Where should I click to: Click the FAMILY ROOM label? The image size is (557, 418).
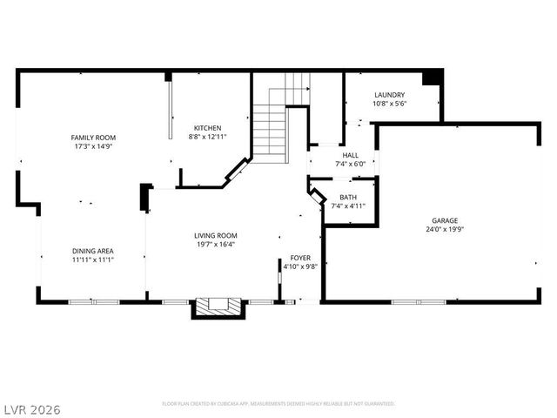click(93, 138)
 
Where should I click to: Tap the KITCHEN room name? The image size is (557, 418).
click(207, 128)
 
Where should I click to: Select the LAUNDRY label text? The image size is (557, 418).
click(389, 95)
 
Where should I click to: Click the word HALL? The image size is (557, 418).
click(350, 155)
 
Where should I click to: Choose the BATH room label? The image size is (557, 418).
click(348, 197)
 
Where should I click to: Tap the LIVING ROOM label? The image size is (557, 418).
click(215, 235)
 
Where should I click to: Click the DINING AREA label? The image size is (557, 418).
click(93, 251)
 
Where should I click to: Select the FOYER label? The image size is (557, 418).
click(301, 259)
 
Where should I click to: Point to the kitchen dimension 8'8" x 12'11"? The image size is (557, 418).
click(207, 137)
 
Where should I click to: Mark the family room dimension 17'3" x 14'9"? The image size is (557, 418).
click(93, 146)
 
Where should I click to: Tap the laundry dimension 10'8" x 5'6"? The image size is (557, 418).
click(389, 104)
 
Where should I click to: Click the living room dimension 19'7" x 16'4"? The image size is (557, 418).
click(215, 244)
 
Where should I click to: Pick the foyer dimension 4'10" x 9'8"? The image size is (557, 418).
click(301, 267)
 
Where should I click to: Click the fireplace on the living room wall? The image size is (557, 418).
click(214, 307)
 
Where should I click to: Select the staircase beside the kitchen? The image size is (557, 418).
click(272, 131)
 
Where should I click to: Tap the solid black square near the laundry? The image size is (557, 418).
click(431, 78)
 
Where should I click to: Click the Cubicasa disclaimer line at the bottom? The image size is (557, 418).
click(278, 404)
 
